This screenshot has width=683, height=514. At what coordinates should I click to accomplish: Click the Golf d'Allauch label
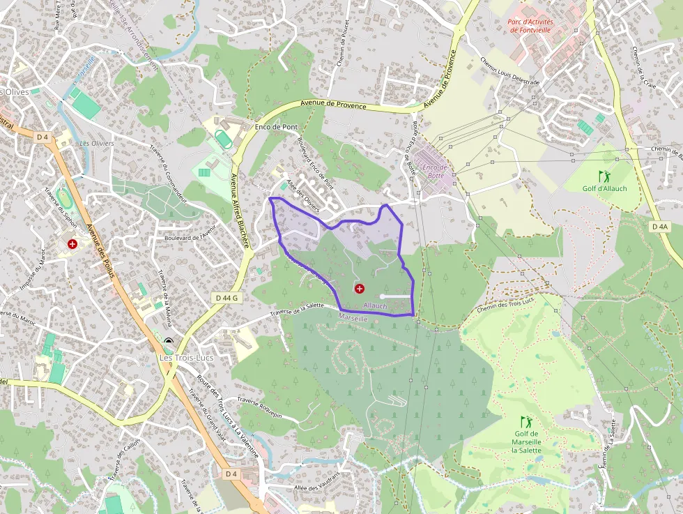604,188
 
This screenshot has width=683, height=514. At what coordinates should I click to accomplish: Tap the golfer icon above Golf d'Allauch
604,175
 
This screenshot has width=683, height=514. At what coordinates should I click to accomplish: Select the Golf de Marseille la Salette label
526,442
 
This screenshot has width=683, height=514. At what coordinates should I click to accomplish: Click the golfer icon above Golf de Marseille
527,421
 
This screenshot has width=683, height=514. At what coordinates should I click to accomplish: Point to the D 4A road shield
659,227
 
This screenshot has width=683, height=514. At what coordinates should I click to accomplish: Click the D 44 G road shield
227,298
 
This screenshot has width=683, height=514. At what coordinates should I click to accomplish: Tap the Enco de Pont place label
276,127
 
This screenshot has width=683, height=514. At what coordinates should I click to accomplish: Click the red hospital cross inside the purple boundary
360,288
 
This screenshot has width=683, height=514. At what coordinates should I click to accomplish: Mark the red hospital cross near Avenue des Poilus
72,243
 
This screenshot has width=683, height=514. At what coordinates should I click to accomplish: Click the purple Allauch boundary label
375,305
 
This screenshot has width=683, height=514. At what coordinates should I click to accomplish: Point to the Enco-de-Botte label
433,171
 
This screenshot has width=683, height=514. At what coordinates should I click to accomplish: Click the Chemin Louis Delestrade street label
510,70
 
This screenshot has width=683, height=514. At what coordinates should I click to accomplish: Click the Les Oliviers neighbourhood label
97,144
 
